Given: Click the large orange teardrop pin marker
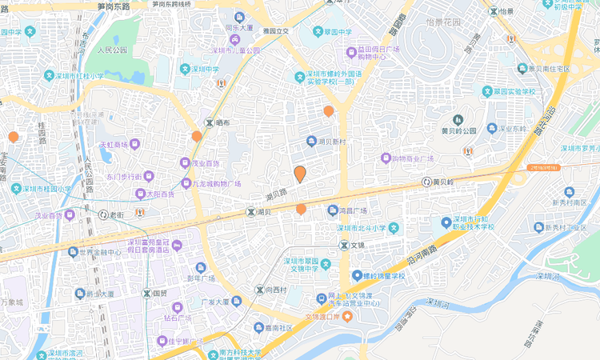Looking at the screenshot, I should click(x=300, y=174).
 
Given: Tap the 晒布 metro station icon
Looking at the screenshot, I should click(x=210, y=122).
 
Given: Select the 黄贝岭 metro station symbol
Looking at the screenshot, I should click(x=427, y=182).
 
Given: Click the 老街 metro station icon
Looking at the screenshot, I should click(x=103, y=214).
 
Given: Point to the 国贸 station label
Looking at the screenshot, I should click(x=158, y=294).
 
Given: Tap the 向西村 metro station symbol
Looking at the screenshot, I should click(x=259, y=290).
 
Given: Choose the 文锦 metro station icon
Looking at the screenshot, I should click(x=343, y=244).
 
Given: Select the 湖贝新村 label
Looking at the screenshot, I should click(x=330, y=142).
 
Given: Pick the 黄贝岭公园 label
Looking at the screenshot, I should click(x=458, y=130).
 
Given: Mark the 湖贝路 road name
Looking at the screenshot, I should click(x=276, y=194).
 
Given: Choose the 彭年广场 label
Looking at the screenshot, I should click(x=201, y=278).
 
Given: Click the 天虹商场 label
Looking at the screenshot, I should click(x=114, y=145).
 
